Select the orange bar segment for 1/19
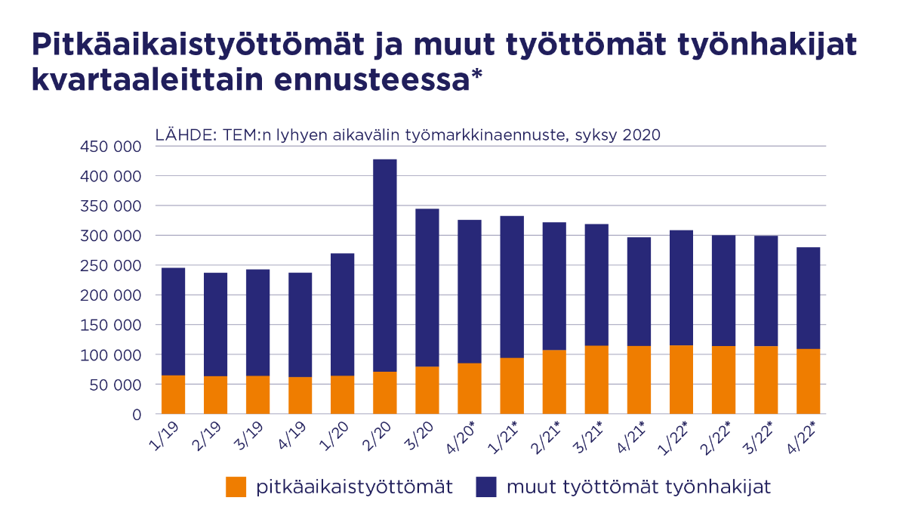[x=173, y=394]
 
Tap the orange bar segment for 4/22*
[x=808, y=381]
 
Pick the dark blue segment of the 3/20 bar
[x=427, y=287]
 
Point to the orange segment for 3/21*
[x=596, y=379]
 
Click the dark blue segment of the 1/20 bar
[x=343, y=314]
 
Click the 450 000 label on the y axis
[x=110, y=147]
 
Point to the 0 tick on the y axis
[x=136, y=415]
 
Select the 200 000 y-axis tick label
[x=110, y=295]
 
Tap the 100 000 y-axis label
[x=110, y=355]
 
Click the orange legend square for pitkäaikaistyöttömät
[x=236, y=487]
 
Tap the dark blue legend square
[x=486, y=487]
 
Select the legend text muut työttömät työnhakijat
[x=639, y=487]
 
